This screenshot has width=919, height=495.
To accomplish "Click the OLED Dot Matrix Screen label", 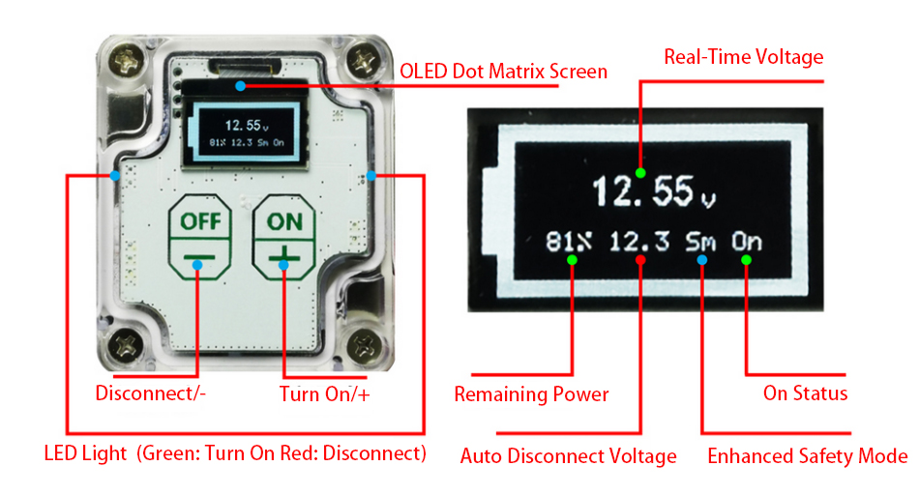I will [503, 72].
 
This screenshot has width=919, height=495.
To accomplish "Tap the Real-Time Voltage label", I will [743, 56].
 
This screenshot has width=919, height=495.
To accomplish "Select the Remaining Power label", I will [531, 394].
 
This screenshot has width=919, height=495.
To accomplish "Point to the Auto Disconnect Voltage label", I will [568, 455].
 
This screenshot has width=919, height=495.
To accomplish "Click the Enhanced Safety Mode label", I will [808, 455].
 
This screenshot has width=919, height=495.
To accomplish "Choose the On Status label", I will [805, 393].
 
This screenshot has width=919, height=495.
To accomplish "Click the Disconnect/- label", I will [151, 393].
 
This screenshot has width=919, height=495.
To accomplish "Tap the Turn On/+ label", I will [325, 393].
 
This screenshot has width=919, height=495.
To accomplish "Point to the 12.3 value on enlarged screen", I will [639, 241].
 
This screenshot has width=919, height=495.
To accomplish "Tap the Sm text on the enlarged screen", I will [701, 241].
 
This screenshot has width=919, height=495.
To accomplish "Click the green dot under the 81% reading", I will [572, 260].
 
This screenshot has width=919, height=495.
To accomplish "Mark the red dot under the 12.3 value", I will [640, 260].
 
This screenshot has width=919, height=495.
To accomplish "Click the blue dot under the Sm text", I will [701, 260].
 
